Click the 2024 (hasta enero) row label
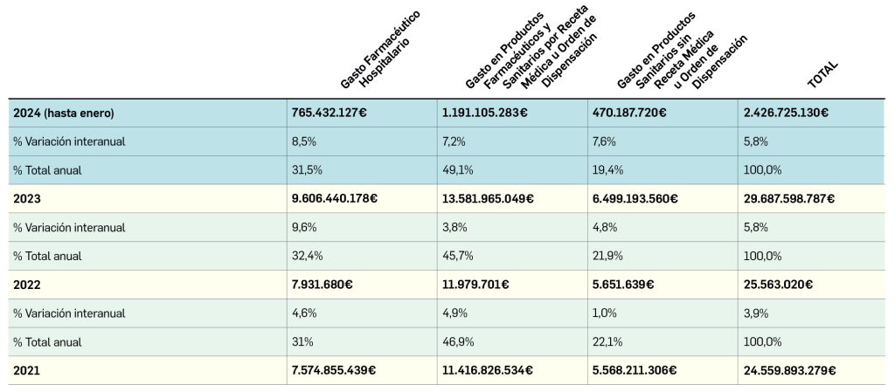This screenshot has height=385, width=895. (x=64, y=113)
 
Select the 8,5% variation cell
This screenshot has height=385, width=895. (x=302, y=141)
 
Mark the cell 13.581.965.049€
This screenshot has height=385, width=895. (x=489, y=199)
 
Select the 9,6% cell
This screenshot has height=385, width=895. (x=302, y=227)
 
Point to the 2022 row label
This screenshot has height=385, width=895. (x=27, y=285)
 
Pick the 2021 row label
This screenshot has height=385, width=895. (x=26, y=370)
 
